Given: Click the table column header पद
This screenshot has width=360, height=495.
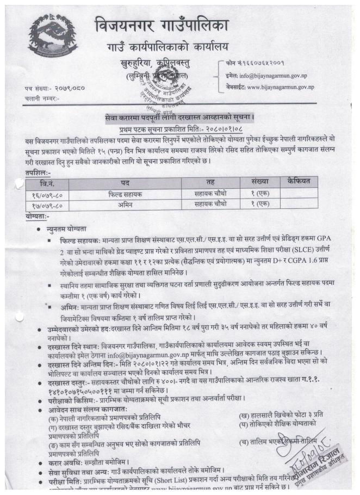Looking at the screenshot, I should [x=125, y=182].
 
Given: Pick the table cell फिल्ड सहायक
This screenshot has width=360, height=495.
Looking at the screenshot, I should [x=125, y=193].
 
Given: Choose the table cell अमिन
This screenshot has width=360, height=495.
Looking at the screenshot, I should [x=125, y=204].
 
